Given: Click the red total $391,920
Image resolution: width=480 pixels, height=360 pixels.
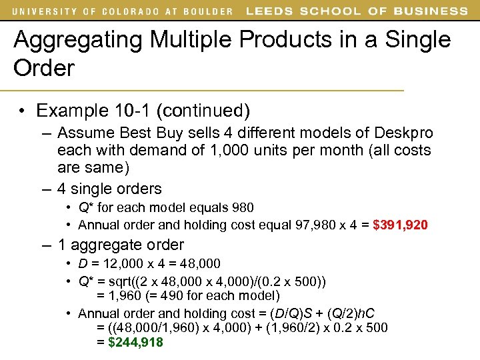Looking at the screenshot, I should pyautogui.click(x=400, y=225).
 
